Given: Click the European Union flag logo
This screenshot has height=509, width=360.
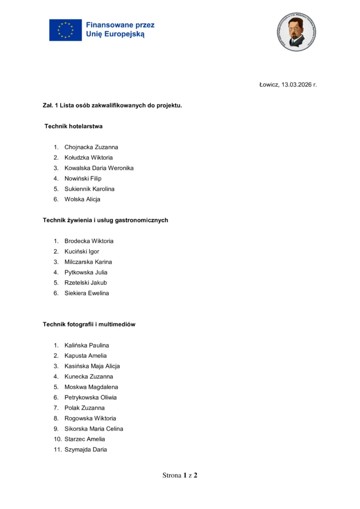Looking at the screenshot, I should pos(65,30).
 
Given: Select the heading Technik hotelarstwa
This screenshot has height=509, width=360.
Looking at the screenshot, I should pos(74,126).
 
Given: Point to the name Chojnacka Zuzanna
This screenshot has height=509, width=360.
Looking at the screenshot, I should pos(91,147).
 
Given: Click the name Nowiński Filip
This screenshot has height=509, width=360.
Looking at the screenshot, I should pos(83,178).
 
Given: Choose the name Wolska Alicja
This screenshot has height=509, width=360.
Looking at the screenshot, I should pos(82,199).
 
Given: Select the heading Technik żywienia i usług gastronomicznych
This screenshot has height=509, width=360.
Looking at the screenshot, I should pos(105,220).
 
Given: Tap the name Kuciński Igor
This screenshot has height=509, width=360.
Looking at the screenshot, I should pos(82,252).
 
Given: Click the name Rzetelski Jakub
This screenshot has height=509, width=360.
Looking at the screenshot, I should pos(86,283).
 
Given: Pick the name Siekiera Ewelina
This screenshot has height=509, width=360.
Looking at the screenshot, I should pos(87,293).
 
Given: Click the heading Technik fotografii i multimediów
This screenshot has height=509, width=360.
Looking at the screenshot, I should pos(89,324).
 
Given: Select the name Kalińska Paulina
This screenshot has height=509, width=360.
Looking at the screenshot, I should pos(87,345).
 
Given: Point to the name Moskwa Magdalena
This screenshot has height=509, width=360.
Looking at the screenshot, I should pos(91,387).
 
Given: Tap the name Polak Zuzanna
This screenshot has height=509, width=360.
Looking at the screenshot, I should pos(85,408).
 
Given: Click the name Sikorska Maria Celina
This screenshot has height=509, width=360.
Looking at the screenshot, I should pos(93,429).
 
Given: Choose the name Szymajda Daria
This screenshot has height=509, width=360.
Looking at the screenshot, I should pos(86,450).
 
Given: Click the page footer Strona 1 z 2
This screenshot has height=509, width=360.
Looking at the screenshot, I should pos(180,475).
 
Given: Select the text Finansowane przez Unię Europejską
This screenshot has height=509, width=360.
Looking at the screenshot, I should pos(120,30).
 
